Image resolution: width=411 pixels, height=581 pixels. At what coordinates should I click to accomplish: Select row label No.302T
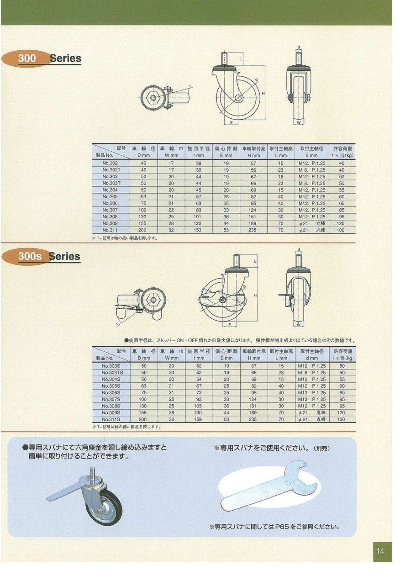[x=111, y=169]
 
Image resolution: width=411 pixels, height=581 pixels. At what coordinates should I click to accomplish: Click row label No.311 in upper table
[x=111, y=230]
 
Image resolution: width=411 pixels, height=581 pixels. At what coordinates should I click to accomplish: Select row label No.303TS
[x=111, y=372]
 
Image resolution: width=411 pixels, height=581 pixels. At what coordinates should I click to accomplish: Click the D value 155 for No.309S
[x=144, y=412]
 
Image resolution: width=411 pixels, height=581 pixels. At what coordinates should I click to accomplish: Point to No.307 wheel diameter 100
[x=144, y=210]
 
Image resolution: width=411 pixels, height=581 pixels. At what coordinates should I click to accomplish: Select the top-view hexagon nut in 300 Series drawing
[x=152, y=97]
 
